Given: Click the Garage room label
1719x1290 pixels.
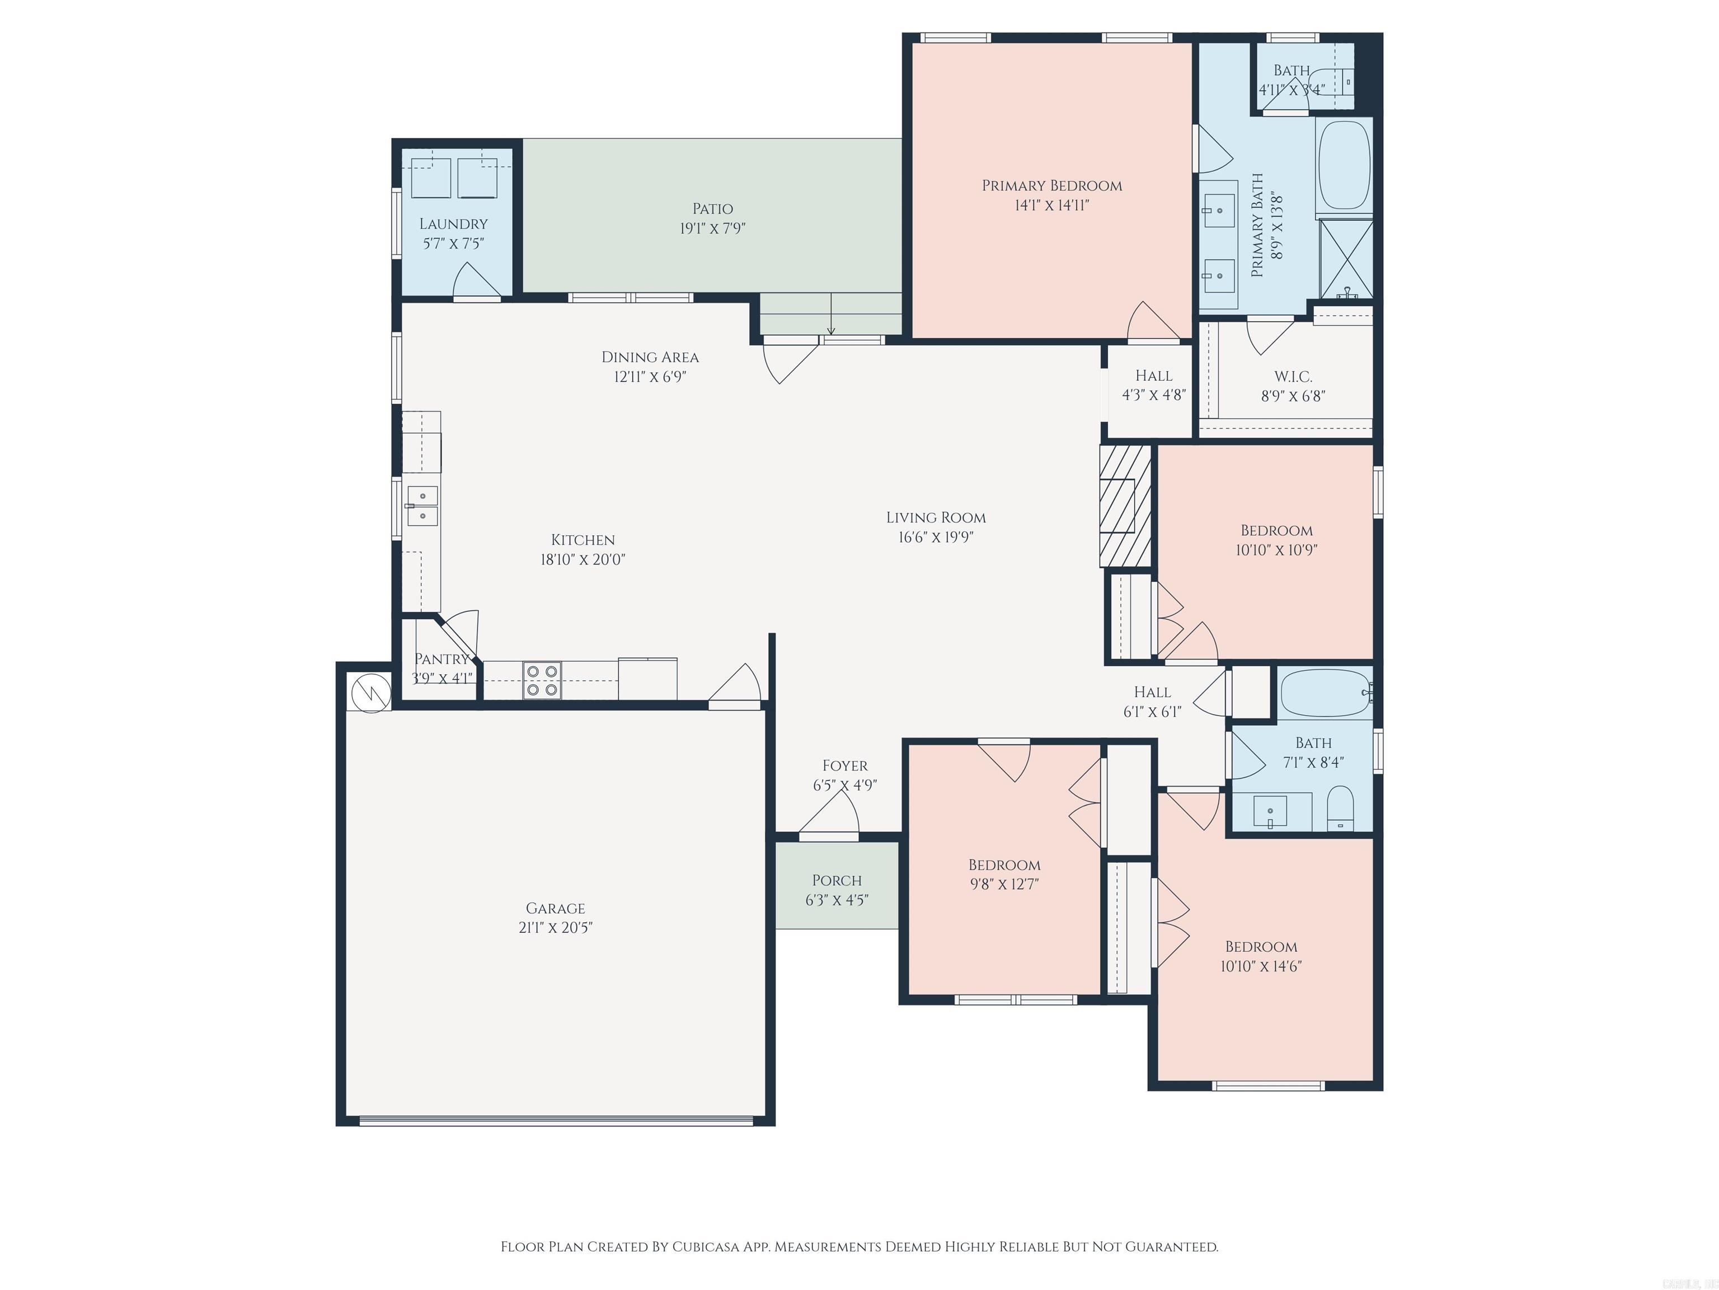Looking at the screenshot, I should click(555, 908).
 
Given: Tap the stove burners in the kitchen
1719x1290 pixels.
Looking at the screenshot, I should click(542, 680).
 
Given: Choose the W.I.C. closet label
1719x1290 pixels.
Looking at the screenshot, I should click(1293, 376).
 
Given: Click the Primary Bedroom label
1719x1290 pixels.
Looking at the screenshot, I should click(1051, 186).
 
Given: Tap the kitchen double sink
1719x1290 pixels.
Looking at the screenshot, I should click(422, 506).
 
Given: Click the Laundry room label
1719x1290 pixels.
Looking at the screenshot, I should click(453, 224).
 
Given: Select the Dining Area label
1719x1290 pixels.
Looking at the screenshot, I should click(650, 357).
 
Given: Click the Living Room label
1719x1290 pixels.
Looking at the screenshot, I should click(936, 517).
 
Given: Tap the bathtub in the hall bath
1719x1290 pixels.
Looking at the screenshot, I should click(1325, 693).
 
